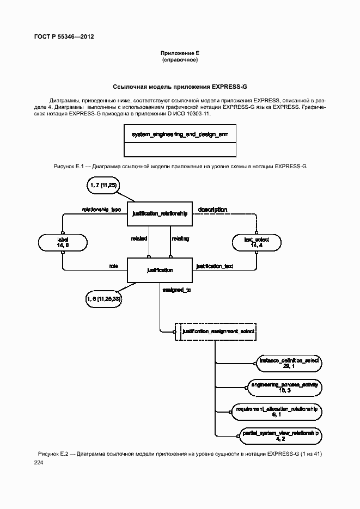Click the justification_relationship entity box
tap(160, 214)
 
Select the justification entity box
tap(160, 270)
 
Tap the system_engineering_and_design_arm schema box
tap(180, 142)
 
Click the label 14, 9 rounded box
tap(63, 242)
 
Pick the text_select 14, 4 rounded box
tap(256, 242)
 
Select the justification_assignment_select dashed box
tap(216, 331)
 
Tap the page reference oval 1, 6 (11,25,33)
tap(103, 299)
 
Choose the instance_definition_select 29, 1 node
tap(289, 363)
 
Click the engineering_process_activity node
tap(284, 388)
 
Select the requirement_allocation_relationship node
tap(276, 412)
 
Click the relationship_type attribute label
tap(101, 210)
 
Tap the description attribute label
tap(212, 210)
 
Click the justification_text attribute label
tap(215, 266)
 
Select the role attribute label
tap(114, 266)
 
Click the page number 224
tap(39, 463)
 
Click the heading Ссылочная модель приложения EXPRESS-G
tap(180, 87)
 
